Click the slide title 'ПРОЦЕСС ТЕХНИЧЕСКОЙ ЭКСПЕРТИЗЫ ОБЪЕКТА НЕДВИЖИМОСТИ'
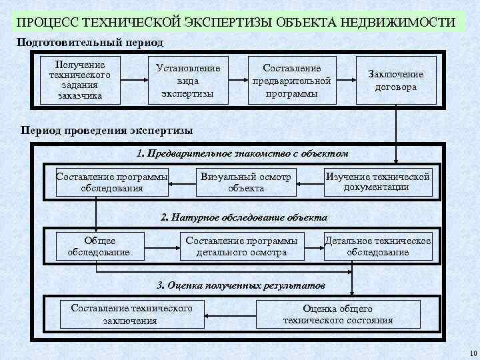point(237,21)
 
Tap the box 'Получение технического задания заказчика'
point(79,81)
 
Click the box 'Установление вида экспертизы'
point(188,81)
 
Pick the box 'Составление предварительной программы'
point(292,81)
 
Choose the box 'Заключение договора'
point(397,81)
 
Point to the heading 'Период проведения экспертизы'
point(107,131)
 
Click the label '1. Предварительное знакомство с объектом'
point(242,153)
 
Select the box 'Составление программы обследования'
point(112,182)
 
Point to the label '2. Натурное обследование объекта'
point(244,217)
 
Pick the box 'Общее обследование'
point(99,246)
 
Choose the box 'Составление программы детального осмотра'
point(242,246)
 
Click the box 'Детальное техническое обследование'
point(377,246)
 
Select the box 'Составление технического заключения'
point(131,314)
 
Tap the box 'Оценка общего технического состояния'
point(338,314)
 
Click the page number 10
point(473,353)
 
